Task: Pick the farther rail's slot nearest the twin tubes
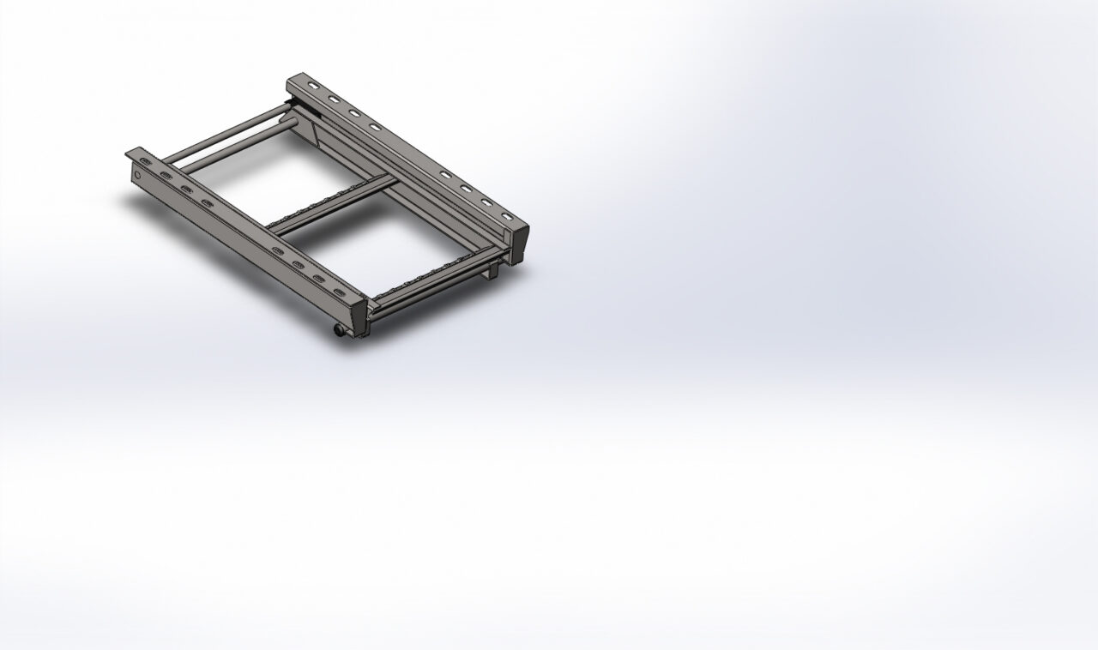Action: pos(311,89)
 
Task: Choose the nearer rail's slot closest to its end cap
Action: pos(340,292)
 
